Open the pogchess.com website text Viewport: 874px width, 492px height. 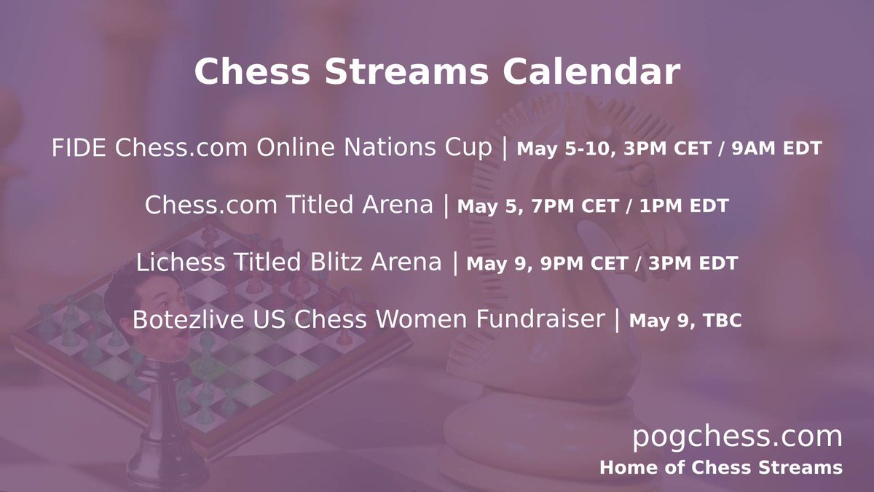[736, 437]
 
